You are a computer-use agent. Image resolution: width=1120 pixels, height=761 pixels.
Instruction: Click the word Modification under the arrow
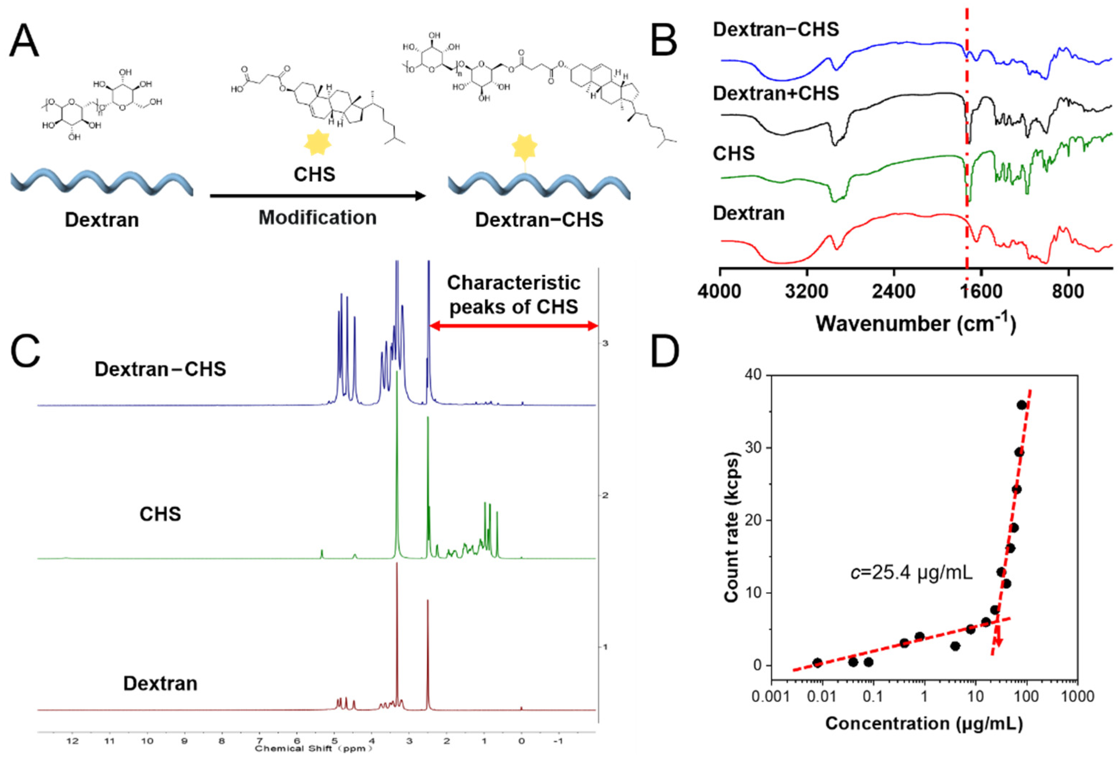[317, 218]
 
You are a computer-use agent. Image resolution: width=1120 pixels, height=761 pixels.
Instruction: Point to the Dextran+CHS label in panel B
[776, 93]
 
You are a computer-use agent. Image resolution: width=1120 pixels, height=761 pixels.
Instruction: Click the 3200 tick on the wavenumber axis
[807, 292]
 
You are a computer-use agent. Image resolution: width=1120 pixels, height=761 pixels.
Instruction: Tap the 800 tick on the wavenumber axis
[1068, 292]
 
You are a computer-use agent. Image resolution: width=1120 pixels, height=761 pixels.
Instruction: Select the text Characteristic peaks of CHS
[513, 294]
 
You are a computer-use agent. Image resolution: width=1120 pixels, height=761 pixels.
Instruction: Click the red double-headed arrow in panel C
[513, 326]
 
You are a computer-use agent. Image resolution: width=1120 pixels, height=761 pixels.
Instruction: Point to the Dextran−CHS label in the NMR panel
[160, 369]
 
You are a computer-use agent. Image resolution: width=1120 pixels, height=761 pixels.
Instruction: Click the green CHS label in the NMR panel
[160, 514]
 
